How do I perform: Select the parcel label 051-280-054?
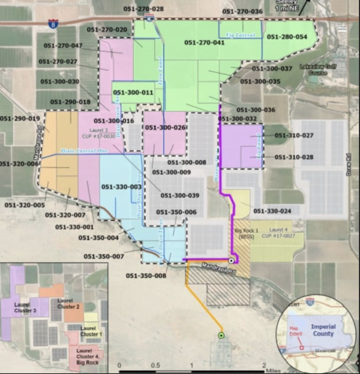287,37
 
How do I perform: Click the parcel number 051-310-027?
294,136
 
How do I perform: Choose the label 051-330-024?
272,211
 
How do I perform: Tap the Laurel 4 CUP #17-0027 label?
282,233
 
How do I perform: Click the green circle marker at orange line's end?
221,335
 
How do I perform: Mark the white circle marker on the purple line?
231,261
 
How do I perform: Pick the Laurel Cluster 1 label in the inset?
91,331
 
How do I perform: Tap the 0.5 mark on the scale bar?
156,365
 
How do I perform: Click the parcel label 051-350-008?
146,276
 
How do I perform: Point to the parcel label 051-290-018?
70,102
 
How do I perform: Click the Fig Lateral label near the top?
240,35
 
